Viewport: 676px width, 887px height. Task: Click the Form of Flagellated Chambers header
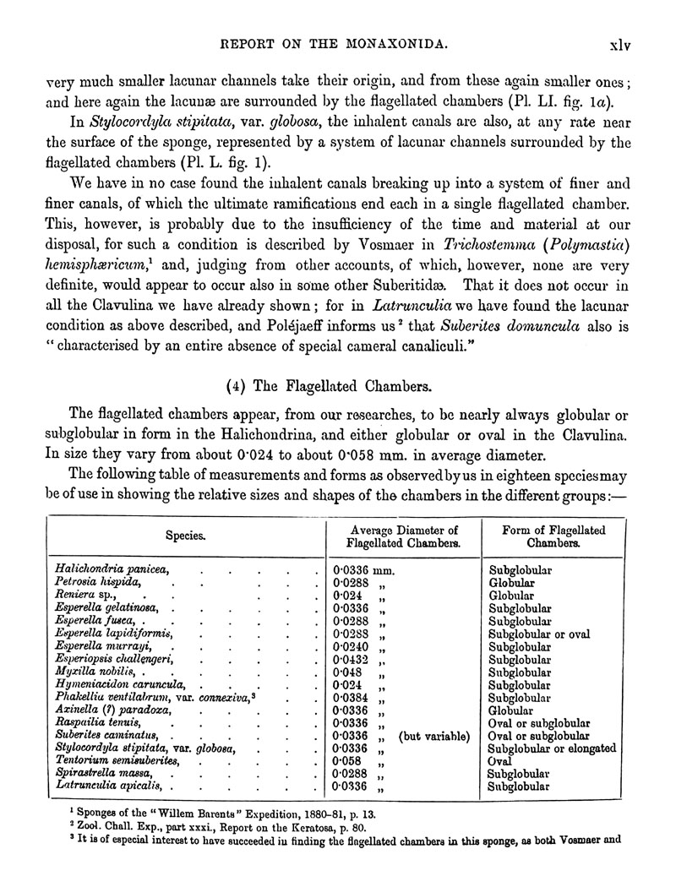tap(554, 536)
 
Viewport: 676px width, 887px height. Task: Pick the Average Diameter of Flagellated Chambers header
tap(404, 536)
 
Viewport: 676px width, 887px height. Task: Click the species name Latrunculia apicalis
tap(108, 786)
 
